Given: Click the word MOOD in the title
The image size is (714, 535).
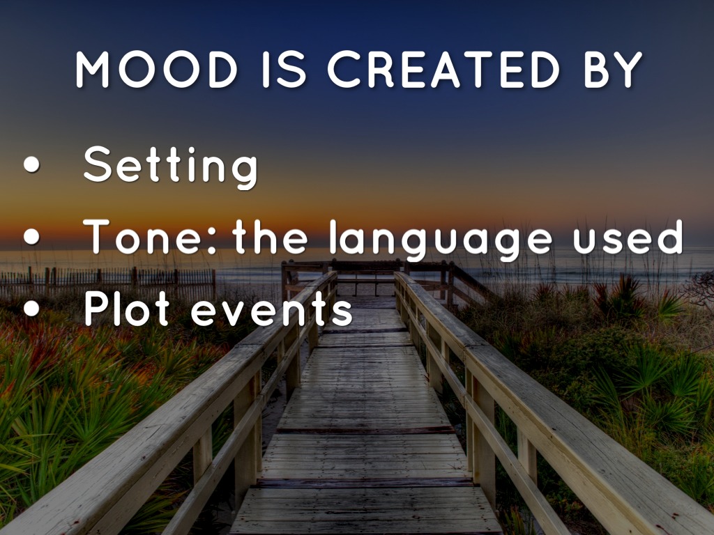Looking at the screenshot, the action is [x=157, y=69].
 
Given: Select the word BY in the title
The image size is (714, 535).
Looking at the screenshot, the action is [x=613, y=69].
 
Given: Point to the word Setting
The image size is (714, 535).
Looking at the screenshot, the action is [x=171, y=167].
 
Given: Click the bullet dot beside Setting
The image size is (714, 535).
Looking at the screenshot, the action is [x=31, y=164].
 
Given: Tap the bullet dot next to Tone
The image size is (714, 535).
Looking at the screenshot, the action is [x=31, y=237].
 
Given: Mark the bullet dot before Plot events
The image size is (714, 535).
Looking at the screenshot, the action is [x=31, y=309].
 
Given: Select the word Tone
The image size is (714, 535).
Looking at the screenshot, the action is [x=142, y=237].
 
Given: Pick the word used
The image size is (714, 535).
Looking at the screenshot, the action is [x=628, y=237].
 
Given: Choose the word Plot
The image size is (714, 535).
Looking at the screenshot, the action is [x=127, y=308].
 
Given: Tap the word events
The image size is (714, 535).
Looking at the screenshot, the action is [x=272, y=310].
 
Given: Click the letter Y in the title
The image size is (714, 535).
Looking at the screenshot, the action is [x=628, y=69].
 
